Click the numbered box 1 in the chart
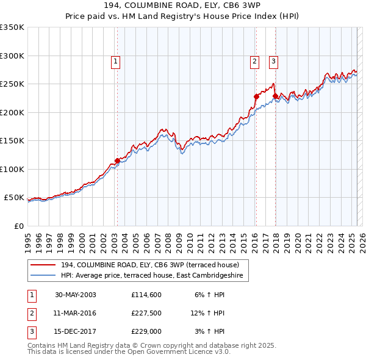tap(115, 60)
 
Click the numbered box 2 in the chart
tap(254, 60)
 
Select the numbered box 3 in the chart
tap(273, 60)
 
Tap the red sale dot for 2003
tap(117, 161)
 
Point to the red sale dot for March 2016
tap(256, 96)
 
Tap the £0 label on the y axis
tap(18, 226)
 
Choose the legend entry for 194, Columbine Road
tap(154, 265)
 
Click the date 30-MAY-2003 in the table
tap(75, 294)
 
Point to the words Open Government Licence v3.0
tap(177, 352)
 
